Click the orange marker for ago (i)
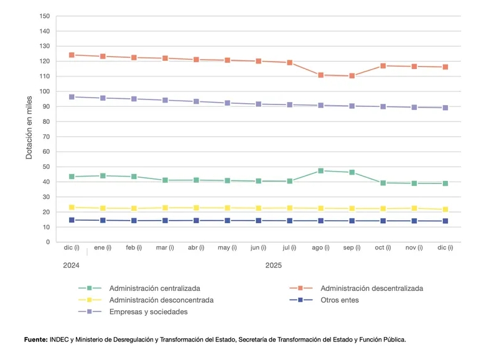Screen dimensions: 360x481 (321, 75)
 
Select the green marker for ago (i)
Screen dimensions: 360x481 (321, 170)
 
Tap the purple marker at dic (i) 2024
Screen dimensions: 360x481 (72, 97)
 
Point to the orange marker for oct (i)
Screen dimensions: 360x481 (383, 66)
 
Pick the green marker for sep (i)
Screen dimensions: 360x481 (352, 172)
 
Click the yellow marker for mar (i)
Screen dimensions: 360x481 (165, 208)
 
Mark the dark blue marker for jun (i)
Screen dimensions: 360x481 (259, 220)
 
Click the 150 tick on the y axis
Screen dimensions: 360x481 (44, 16)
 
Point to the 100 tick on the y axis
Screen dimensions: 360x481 (44, 91)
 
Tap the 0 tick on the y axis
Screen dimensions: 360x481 (48, 242)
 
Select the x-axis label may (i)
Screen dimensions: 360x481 (227, 248)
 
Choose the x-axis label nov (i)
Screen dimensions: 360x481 (414, 248)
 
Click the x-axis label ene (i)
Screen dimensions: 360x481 (103, 248)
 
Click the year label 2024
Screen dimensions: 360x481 (72, 265)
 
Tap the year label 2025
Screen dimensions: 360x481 (274, 265)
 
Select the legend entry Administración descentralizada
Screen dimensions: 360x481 (371, 288)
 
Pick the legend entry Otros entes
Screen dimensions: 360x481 (339, 300)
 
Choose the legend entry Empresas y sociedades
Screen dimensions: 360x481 (148, 312)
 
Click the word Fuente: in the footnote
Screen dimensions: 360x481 (36, 339)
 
